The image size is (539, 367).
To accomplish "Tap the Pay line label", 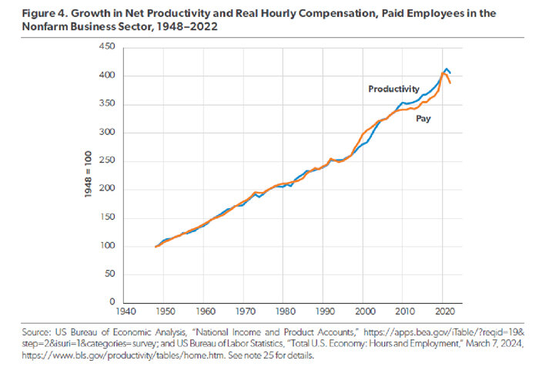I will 423,120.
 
